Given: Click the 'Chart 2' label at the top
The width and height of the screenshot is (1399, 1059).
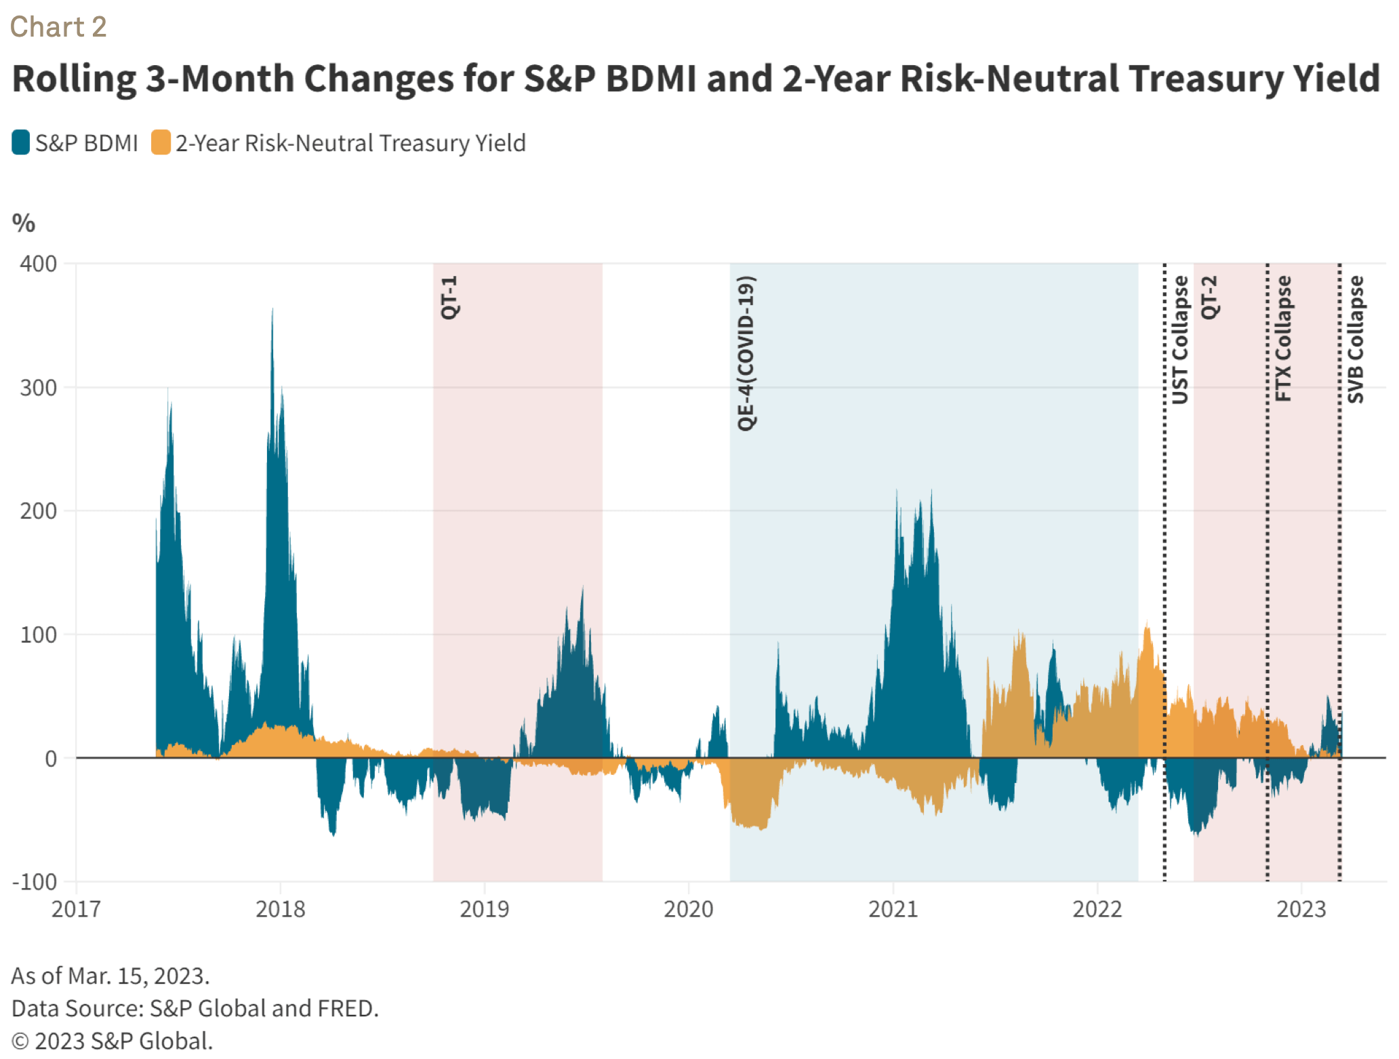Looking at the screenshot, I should pos(58,27).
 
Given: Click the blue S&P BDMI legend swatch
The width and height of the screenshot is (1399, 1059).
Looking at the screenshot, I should pos(21,142).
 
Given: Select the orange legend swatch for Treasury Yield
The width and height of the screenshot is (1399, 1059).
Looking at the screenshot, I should pos(161,142).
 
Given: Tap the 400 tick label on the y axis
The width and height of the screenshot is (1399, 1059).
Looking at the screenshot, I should pos(39,264).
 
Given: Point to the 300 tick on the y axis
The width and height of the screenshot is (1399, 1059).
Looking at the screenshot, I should pos(39,388).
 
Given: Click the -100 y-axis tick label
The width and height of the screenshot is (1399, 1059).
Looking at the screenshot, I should pos(35,882).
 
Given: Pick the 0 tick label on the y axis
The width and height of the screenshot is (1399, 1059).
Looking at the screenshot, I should pos(51,759).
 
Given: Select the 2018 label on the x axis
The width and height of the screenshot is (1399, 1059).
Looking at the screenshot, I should pos(280,909).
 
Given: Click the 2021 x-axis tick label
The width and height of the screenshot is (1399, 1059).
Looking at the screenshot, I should pos(893,909).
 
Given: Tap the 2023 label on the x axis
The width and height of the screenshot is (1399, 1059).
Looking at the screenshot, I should pos(1301,909).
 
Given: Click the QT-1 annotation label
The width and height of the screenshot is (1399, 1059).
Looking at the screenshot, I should pos(449,297).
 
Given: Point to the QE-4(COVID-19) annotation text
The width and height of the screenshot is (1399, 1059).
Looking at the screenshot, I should pos(746,353).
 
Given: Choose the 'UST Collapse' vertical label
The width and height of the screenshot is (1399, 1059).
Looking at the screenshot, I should pos(1180,340).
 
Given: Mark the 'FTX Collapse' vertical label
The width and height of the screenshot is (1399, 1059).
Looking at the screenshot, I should pos(1283,338).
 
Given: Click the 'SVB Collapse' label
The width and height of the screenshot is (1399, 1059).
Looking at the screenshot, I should pos(1355,339).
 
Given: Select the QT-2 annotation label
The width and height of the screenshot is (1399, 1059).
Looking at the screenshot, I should pos(1209,297).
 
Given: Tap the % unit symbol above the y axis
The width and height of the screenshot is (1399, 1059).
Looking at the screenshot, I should pos(24,223).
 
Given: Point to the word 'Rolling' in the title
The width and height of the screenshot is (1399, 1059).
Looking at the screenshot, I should pos(74,79).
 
